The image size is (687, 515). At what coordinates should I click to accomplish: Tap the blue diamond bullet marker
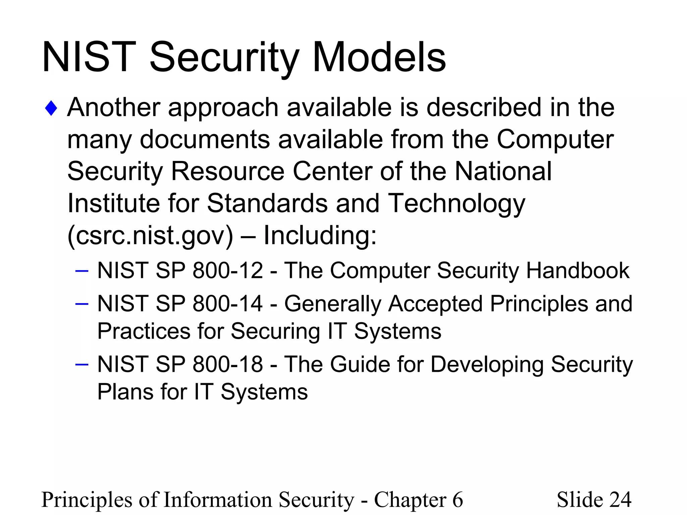(x=51, y=108)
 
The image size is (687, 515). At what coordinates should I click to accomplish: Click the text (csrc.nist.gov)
(x=150, y=235)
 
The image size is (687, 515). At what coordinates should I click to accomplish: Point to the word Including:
(x=320, y=235)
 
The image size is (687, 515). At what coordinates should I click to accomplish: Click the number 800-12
(x=228, y=271)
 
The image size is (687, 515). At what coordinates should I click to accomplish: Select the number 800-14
(x=228, y=304)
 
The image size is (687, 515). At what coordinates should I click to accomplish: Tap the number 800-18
(x=228, y=364)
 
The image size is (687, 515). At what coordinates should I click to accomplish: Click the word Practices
(x=144, y=331)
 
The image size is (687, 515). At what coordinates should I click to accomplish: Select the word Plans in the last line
(x=125, y=392)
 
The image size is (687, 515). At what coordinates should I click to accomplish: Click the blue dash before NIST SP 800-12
(x=82, y=270)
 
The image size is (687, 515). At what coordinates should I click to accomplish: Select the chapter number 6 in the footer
(x=458, y=500)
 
